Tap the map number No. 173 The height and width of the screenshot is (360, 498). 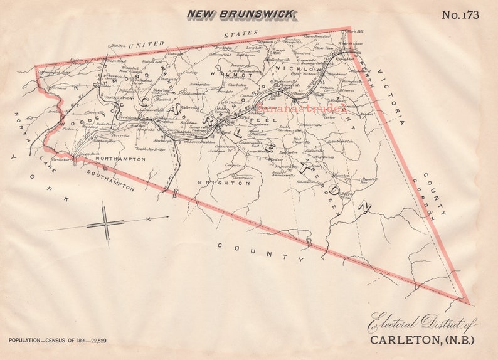(x=460, y=14)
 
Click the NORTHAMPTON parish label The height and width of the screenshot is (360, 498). (x=121, y=159)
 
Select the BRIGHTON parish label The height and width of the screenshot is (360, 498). (x=216, y=183)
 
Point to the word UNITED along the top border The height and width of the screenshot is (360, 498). (x=146, y=45)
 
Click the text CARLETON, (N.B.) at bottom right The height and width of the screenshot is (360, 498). (x=422, y=341)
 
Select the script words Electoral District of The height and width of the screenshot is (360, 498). (x=422, y=323)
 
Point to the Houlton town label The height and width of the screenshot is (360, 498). (x=118, y=46)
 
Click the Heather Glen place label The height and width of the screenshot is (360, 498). (x=342, y=142)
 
